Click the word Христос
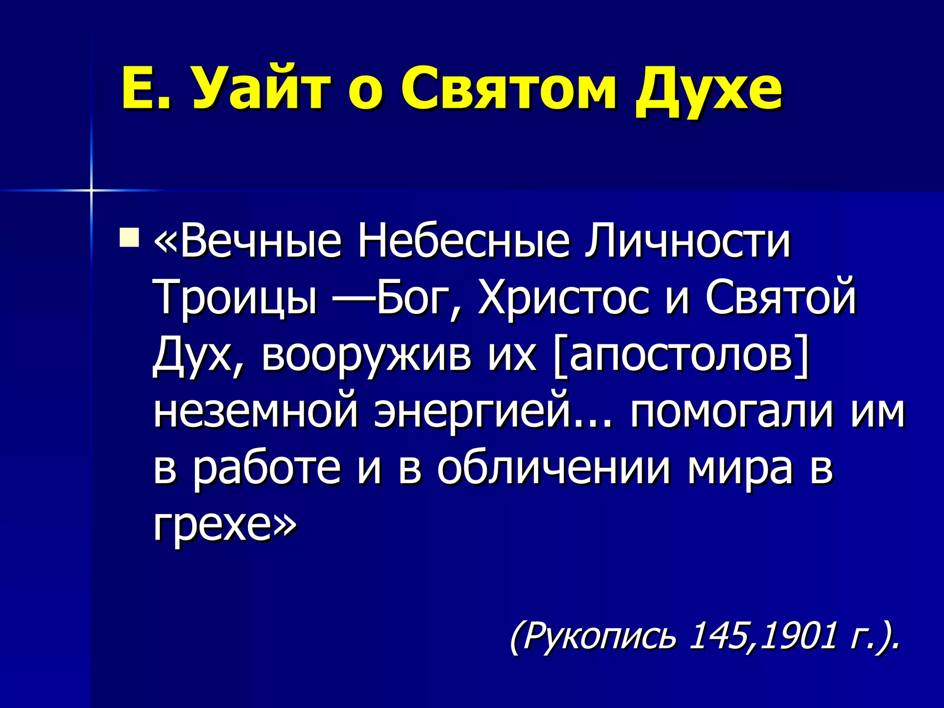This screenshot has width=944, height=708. [562, 297]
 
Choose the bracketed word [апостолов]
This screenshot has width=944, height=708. [680, 355]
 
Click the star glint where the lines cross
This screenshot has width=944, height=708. [91, 190]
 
